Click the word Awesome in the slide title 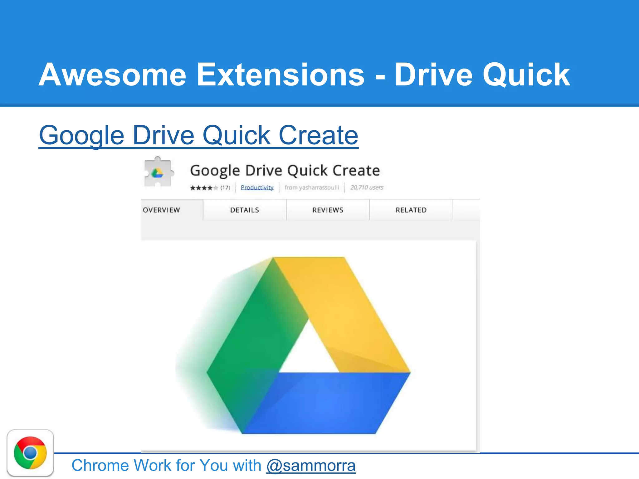112,75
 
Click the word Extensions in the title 280,75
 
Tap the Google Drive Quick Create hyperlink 198,135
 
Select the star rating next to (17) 204,188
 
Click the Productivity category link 257,187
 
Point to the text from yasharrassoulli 311,187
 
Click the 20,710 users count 367,187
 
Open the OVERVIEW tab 162,210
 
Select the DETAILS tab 245,210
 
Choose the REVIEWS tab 328,210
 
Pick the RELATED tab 411,210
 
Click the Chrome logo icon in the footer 30,453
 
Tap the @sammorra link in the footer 311,466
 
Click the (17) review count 225,188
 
